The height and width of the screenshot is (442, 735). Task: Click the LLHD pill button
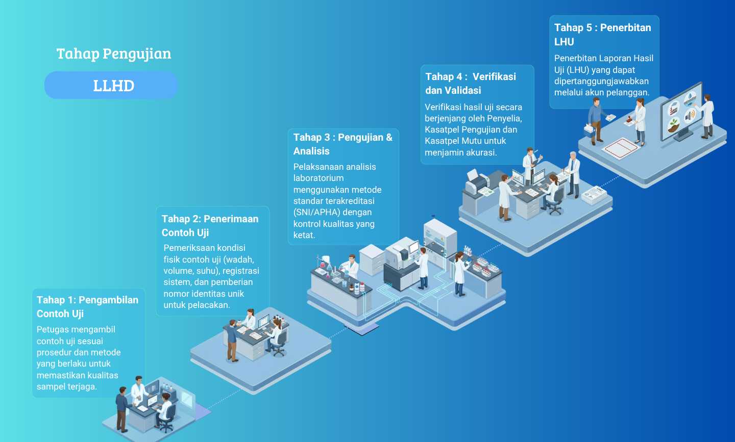coord(111,85)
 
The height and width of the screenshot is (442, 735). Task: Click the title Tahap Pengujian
coord(114,54)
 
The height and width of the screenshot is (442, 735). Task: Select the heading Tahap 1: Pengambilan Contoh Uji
coord(87,307)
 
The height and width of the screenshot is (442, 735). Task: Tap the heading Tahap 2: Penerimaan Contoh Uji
coord(210,225)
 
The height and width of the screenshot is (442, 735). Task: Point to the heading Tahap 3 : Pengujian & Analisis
coord(343,144)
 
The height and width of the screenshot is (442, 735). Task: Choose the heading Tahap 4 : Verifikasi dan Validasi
coord(471,83)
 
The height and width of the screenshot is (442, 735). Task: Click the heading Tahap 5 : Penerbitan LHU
coord(603,34)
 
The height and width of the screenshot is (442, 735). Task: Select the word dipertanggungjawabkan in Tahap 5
coord(601,81)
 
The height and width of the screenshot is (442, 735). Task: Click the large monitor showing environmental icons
coord(681,112)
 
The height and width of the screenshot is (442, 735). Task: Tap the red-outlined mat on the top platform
coord(620,148)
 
